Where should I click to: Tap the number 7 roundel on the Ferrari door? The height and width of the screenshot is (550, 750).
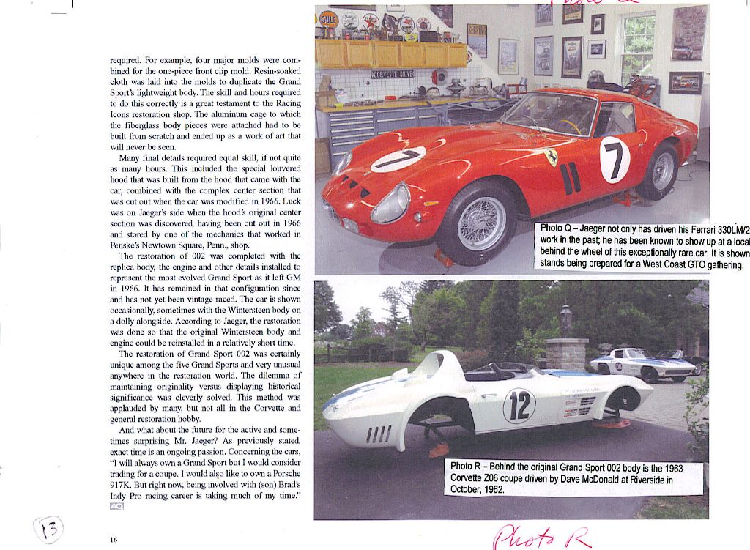615,160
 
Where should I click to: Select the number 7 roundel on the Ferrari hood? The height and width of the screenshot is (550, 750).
398,159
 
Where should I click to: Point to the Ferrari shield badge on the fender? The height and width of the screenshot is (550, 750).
551,157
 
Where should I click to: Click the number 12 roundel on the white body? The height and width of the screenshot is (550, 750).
519,406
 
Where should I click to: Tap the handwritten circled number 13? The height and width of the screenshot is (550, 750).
49,528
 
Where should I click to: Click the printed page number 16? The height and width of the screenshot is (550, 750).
114,540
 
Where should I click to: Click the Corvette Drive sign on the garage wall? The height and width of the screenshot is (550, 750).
392,74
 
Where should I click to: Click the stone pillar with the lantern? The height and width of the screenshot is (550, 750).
565,351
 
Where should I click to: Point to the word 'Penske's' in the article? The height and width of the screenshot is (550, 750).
130,245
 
